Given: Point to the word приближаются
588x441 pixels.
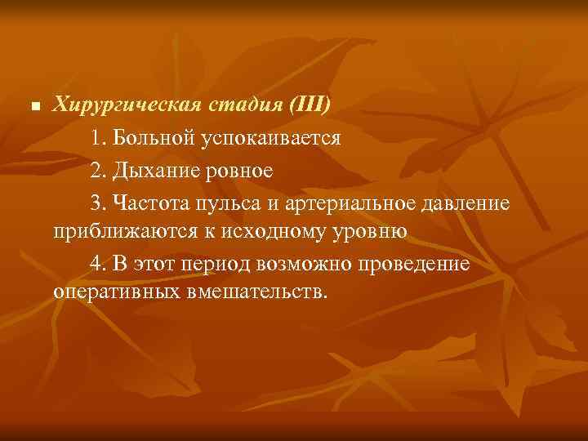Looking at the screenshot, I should coord(119,232).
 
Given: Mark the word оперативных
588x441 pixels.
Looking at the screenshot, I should coord(110,293).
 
